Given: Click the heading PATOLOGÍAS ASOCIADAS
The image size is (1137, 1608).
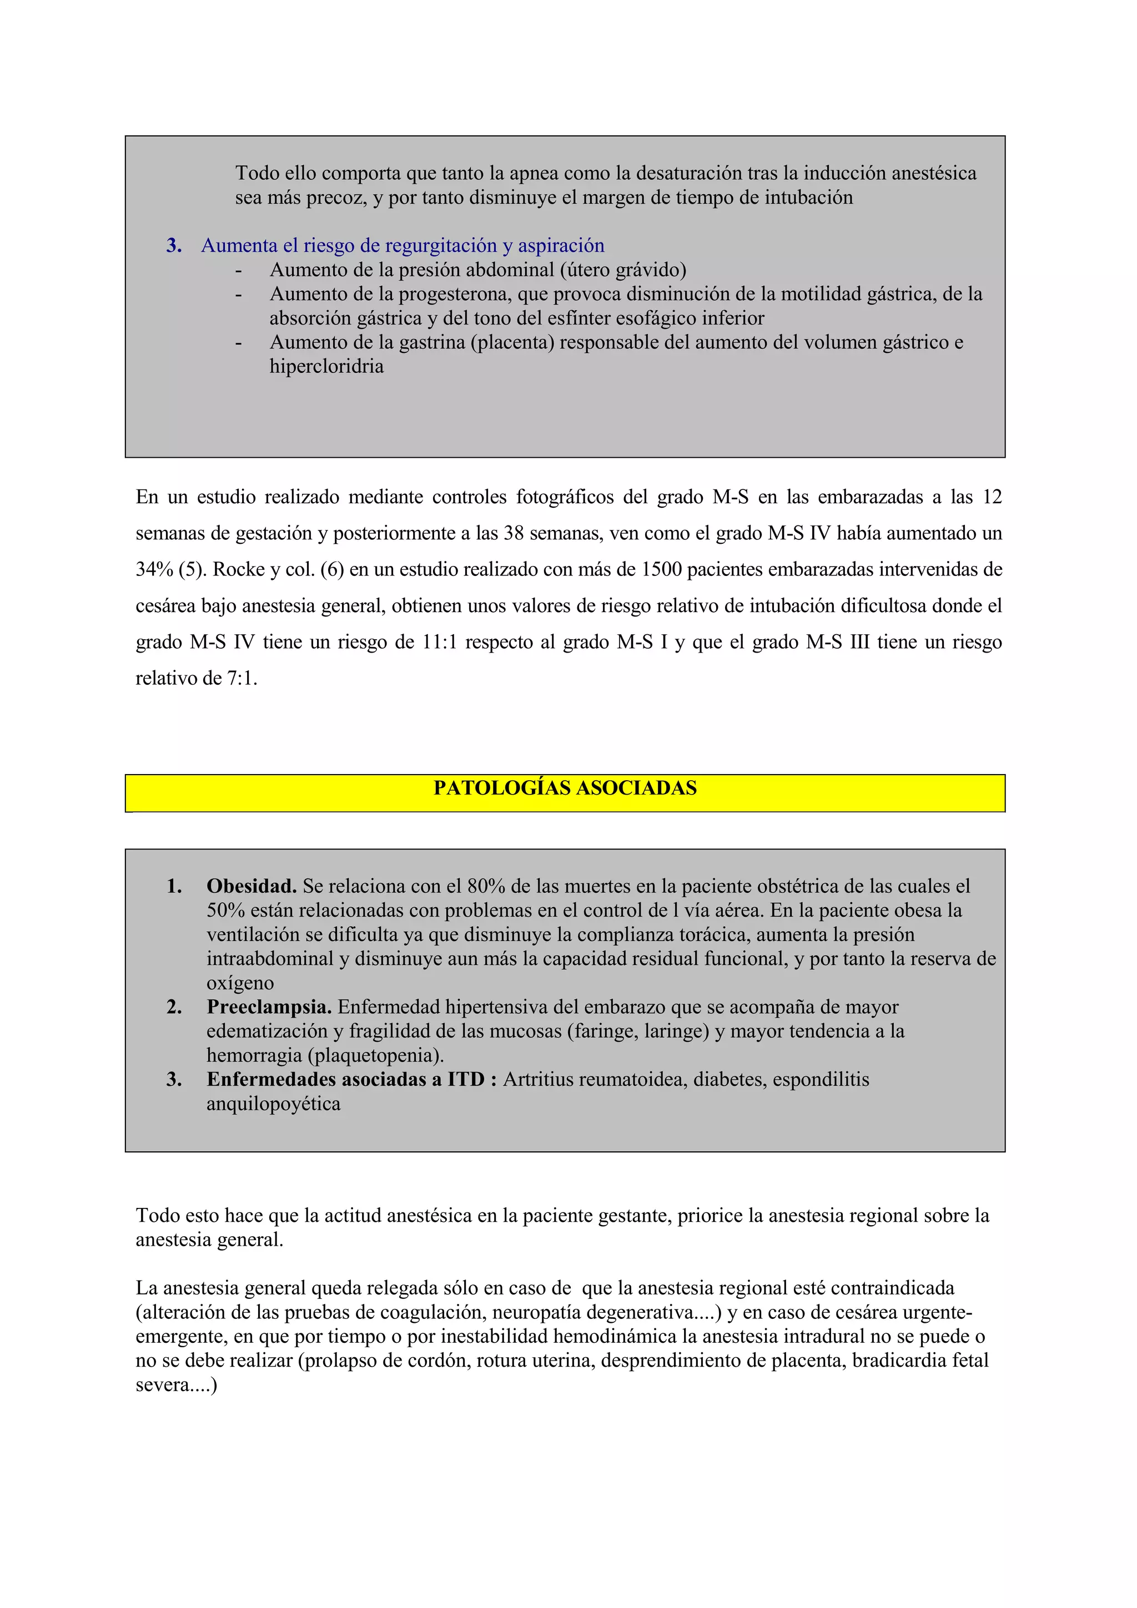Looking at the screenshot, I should (565, 788).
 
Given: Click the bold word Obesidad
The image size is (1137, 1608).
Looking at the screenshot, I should (251, 886).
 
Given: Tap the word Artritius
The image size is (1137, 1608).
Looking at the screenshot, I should (535, 1079).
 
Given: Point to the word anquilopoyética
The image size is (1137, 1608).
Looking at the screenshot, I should (273, 1104).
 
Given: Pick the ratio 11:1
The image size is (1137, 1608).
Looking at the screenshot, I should (439, 642).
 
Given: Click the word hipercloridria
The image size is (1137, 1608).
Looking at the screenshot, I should (326, 366).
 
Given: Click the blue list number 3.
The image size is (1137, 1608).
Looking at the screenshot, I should (174, 246).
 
